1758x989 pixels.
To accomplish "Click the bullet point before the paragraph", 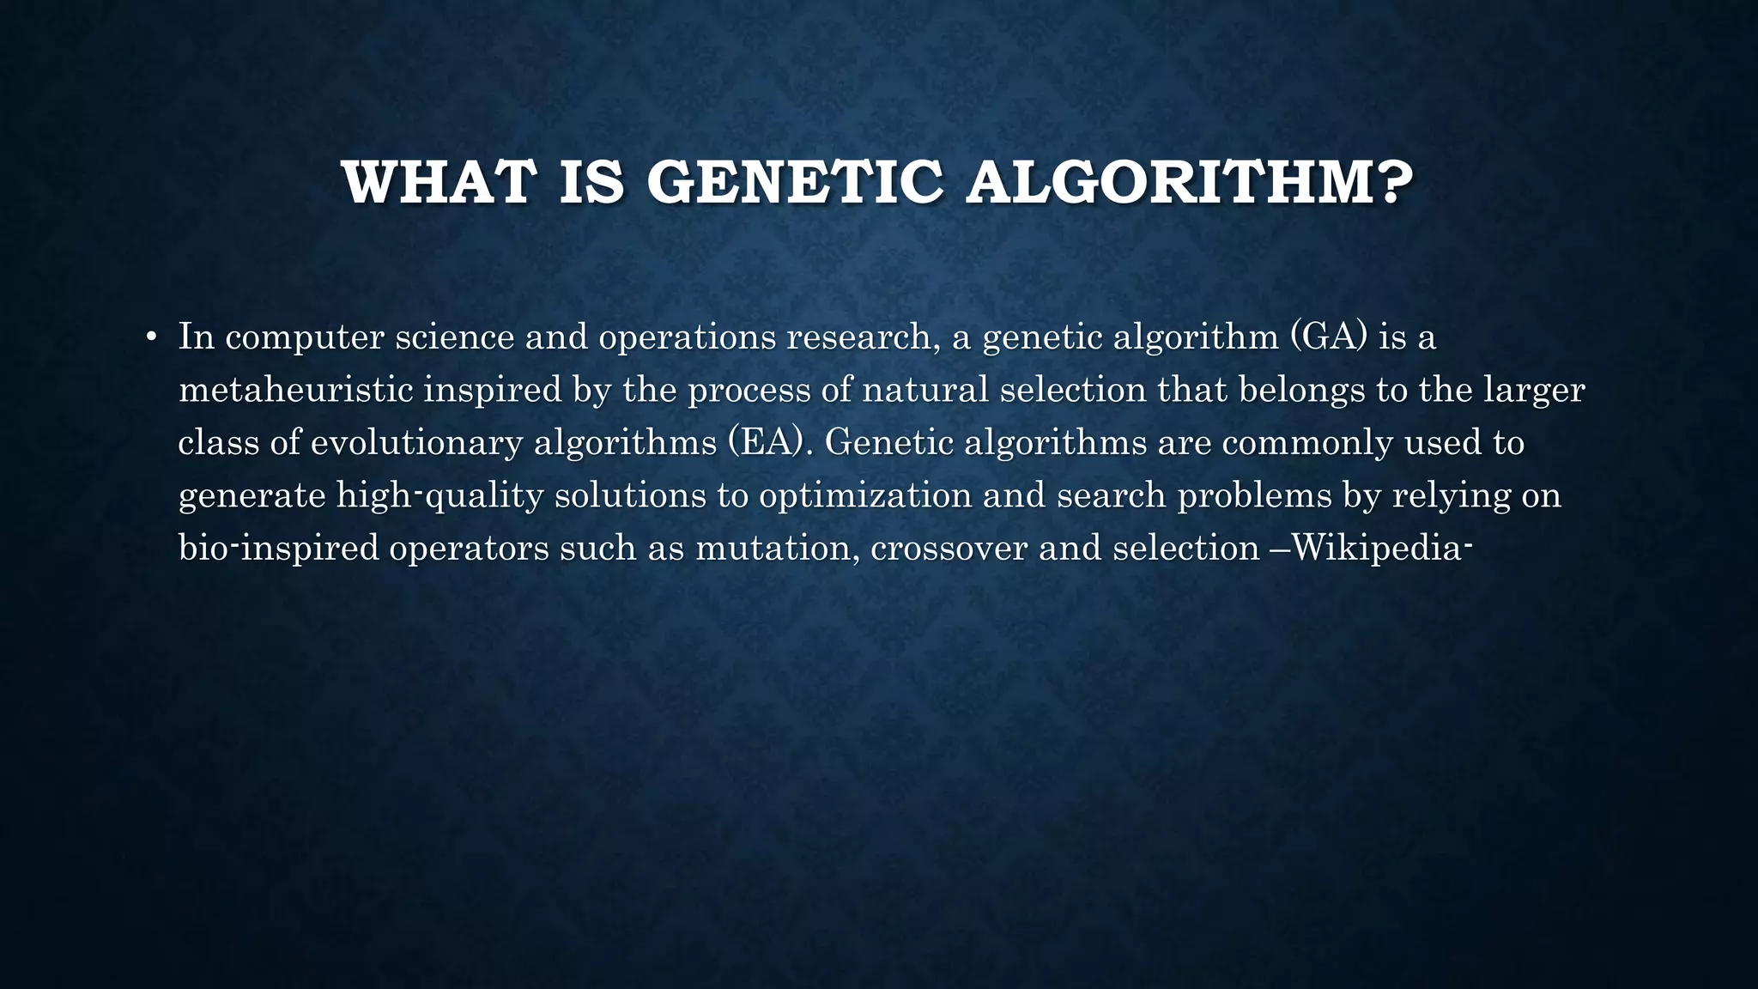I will click(x=151, y=337).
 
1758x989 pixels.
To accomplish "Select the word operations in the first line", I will click(x=687, y=337).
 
